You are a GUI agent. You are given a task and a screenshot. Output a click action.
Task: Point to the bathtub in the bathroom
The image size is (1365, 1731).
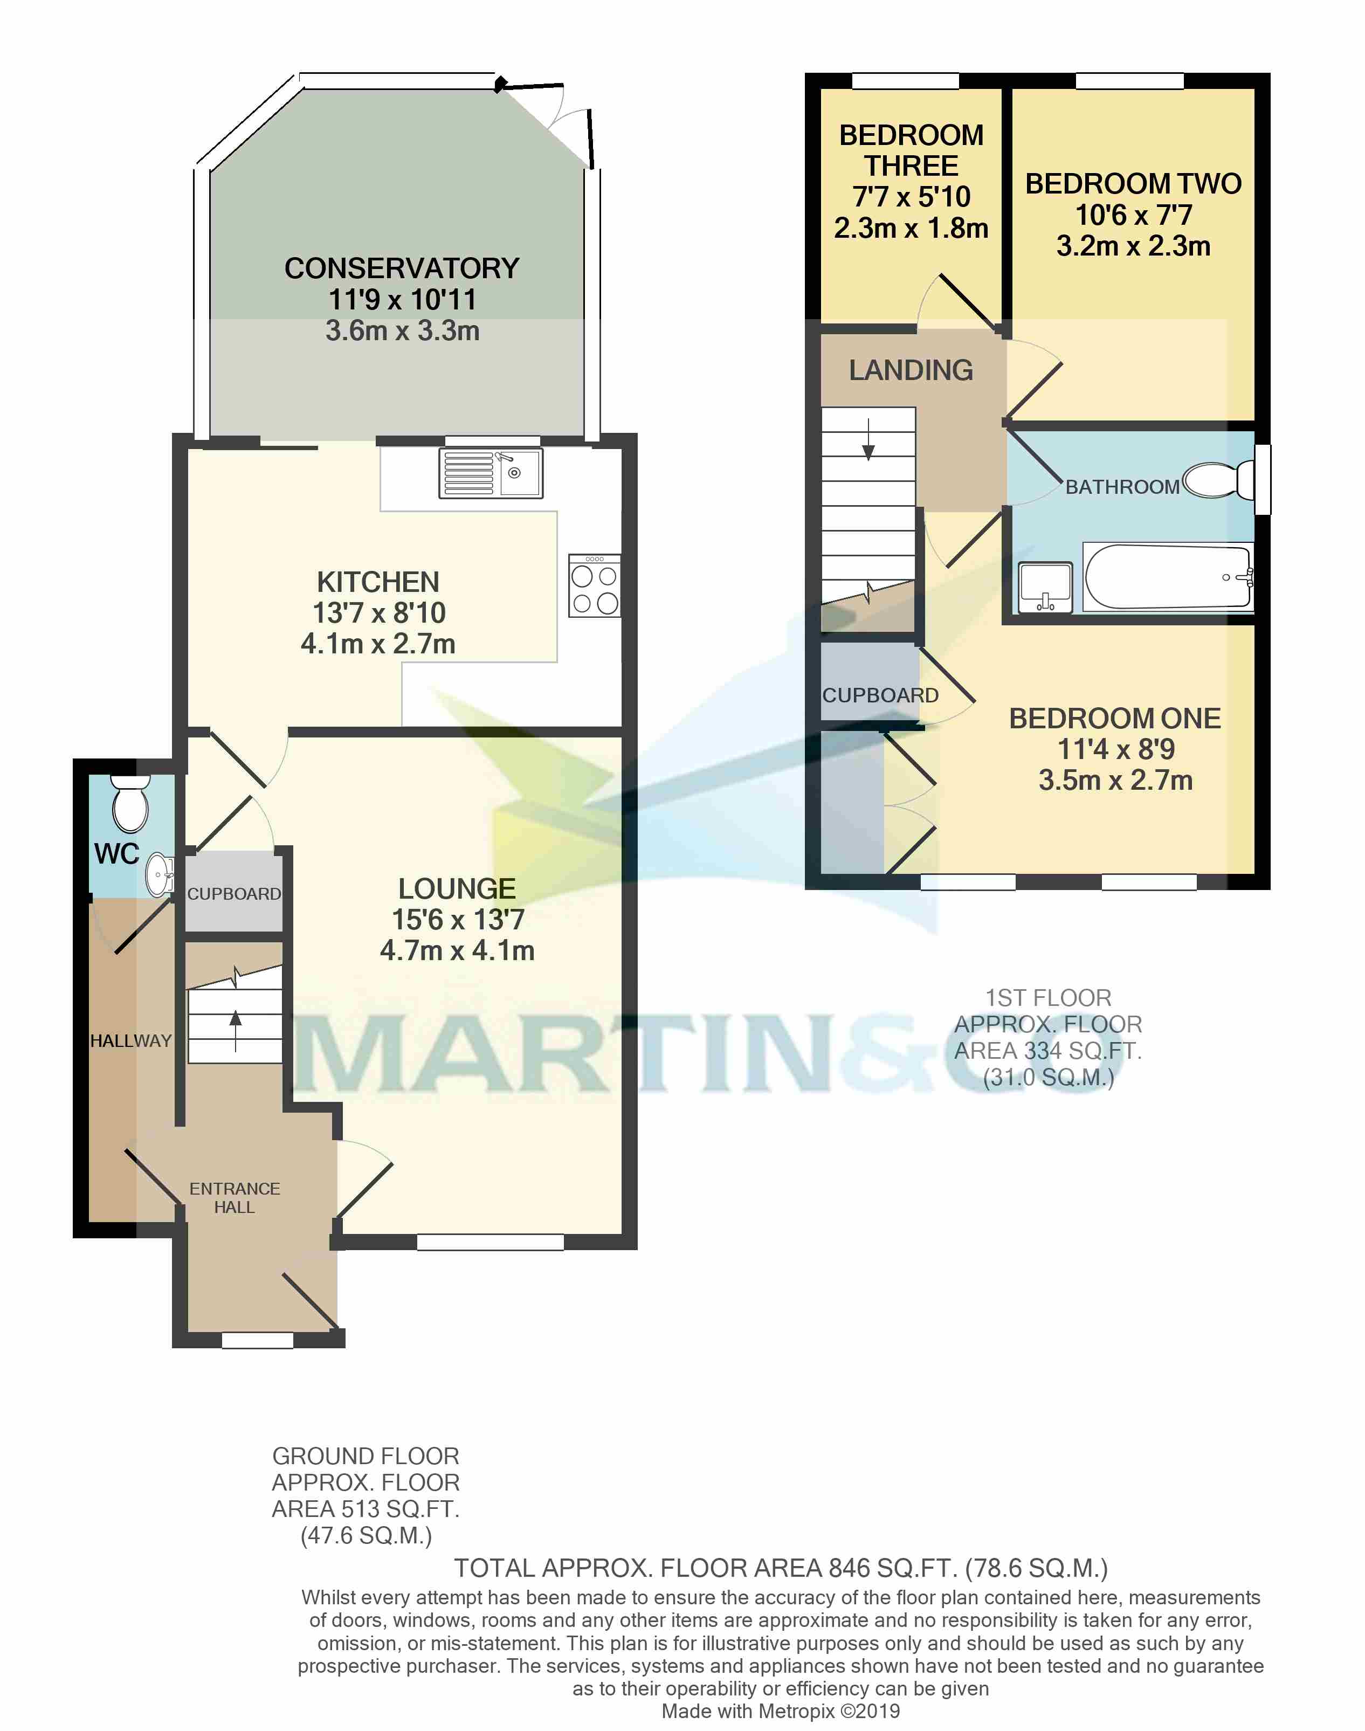point(1167,577)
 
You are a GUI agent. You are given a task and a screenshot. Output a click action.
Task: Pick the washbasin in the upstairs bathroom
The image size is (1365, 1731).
point(1045,588)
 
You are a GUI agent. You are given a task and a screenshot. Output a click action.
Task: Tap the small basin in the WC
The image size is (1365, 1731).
point(160,874)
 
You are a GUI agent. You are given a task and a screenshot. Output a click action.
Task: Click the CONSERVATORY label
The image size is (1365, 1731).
point(402,268)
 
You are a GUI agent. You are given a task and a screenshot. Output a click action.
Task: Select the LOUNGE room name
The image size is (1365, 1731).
point(457,888)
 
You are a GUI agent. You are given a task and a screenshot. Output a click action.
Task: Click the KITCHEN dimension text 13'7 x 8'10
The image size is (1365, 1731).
point(379,613)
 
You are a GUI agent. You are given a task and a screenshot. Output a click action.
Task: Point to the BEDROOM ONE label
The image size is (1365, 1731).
point(1115,719)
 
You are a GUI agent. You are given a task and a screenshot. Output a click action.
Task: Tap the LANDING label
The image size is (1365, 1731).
point(911,370)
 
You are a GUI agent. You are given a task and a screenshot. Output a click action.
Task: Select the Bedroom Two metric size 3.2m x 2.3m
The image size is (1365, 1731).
point(1133,246)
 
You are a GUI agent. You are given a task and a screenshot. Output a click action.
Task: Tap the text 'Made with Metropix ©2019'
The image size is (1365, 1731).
point(780,1711)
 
